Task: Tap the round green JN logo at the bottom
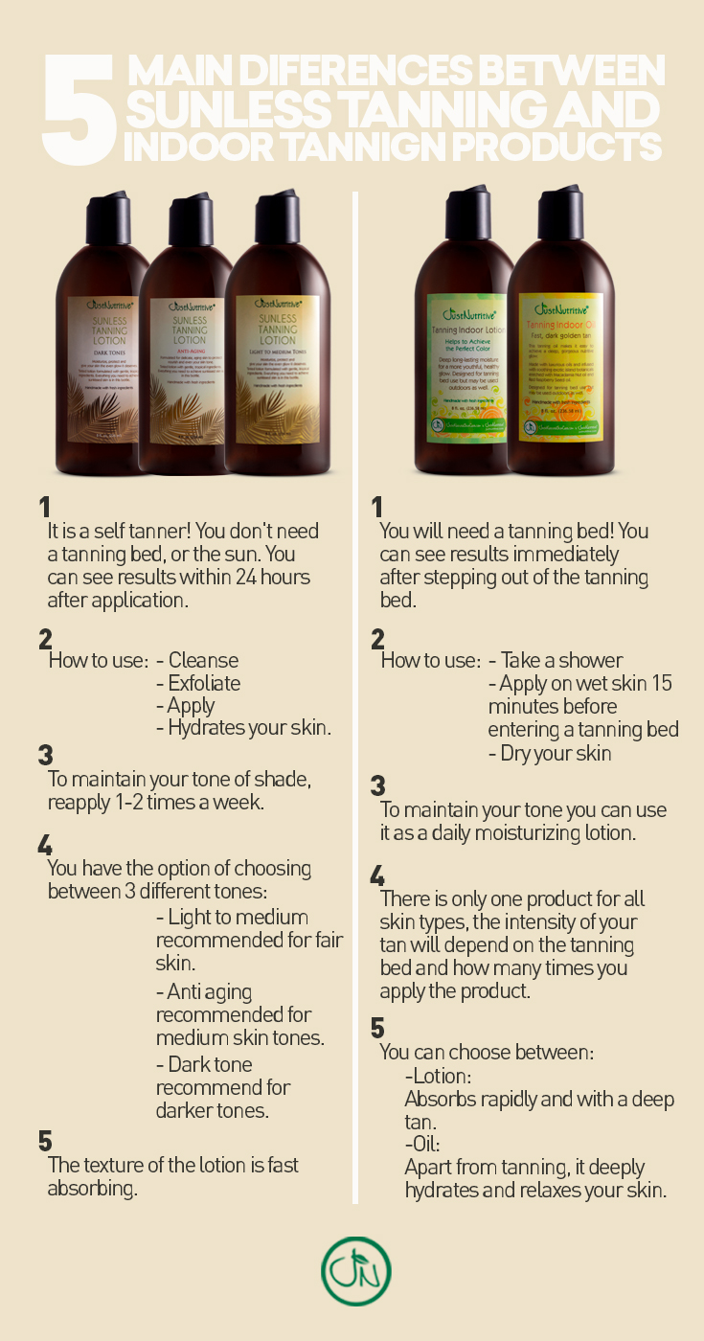(x=356, y=1271)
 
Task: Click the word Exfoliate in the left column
(x=204, y=683)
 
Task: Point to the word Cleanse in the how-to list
(x=203, y=660)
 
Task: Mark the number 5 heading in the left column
(x=45, y=1141)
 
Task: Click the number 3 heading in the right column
(x=377, y=785)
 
